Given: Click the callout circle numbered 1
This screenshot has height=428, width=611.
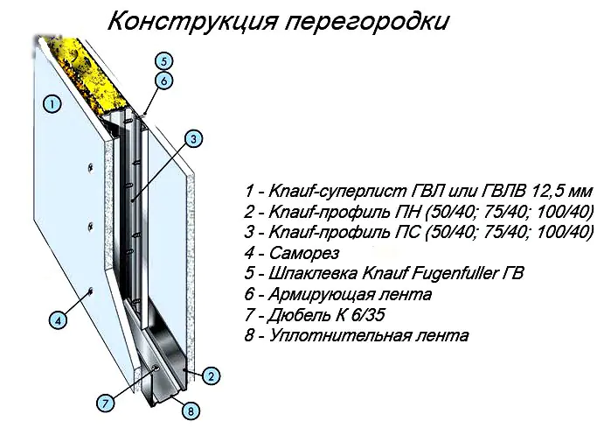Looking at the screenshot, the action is point(52,104).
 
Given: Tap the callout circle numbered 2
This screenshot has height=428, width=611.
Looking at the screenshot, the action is point(211,376).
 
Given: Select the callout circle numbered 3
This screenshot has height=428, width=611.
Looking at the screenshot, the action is point(194,138).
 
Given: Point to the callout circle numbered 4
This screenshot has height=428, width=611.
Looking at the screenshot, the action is point(58,320).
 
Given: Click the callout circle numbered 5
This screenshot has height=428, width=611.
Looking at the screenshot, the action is point(163,61).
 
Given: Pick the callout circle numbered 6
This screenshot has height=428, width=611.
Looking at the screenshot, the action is point(163,81).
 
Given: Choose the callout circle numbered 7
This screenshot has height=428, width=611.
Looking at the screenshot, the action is point(106,403).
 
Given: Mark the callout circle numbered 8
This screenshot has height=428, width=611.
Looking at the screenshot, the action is point(191,410).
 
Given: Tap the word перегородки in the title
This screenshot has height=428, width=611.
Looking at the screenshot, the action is point(367,22).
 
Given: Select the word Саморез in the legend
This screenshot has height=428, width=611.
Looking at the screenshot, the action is point(304,253).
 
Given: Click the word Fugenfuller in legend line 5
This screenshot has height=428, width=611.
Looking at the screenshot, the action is point(452,273).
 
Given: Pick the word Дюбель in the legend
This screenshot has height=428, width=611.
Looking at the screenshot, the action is point(299,315).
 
